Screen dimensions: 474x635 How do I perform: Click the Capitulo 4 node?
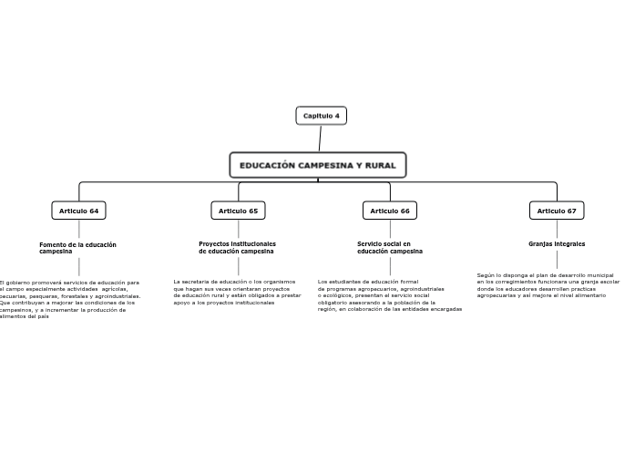[x=321, y=116]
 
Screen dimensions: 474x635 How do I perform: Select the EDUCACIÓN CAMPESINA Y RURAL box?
[x=317, y=165]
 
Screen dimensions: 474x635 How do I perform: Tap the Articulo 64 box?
[x=78, y=211]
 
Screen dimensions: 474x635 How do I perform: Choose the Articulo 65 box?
[x=238, y=211]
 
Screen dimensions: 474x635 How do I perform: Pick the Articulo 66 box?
[x=390, y=211]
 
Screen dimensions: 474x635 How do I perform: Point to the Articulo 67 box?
[x=556, y=211]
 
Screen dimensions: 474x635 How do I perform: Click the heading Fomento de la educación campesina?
[x=77, y=247]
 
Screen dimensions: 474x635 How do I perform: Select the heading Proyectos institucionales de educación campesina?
[x=237, y=247]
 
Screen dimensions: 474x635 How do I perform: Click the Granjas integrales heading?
[x=557, y=243]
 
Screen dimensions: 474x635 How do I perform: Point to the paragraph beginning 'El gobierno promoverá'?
[x=69, y=299]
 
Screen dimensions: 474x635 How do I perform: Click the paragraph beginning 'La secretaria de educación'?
[x=237, y=292]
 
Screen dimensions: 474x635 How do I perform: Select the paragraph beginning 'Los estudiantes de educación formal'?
[x=389, y=295]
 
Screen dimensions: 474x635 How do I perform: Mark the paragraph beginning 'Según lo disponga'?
[x=548, y=285]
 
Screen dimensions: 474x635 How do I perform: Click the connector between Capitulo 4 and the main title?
[x=320, y=139]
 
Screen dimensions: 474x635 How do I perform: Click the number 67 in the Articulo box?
[x=570, y=211]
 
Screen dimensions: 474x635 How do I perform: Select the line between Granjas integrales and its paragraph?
[x=557, y=259]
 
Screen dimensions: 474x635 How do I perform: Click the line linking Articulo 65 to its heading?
[x=238, y=230]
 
